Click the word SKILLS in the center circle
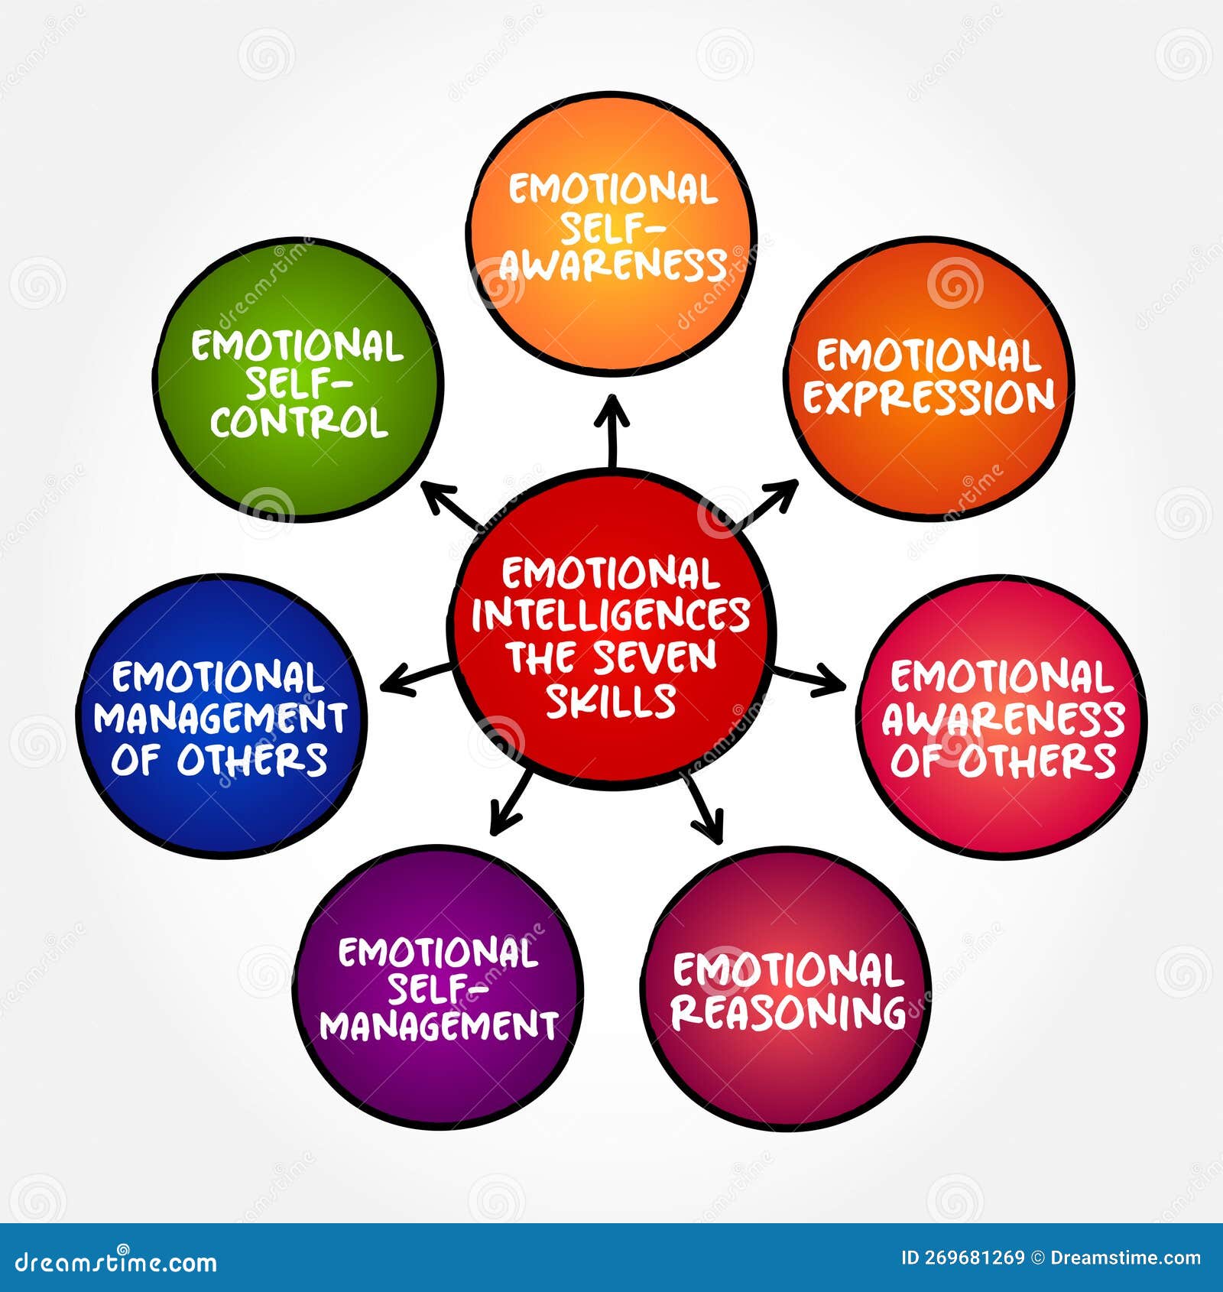coord(611,700)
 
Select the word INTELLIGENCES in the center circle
coord(611,615)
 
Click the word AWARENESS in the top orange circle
coord(612,265)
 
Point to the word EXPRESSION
coord(929,398)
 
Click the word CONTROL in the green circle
coord(299,422)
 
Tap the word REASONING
coord(788,1011)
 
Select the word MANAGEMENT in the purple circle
coord(438,1025)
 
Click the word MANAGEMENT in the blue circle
coord(220,718)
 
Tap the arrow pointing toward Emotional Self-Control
coord(453,508)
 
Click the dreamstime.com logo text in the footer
coord(115,1261)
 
